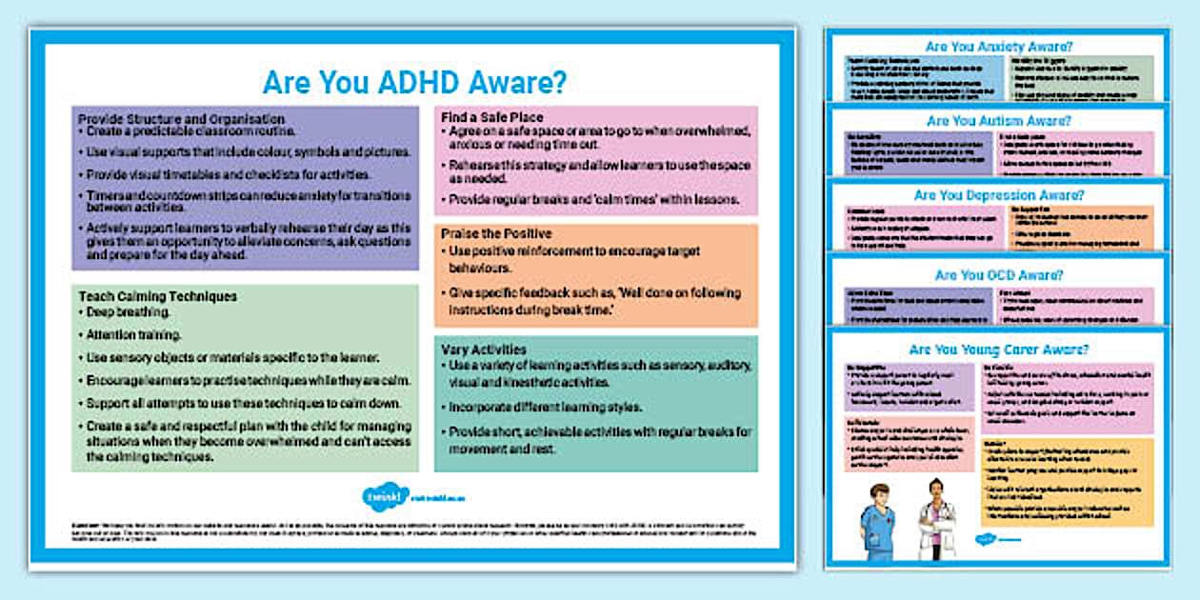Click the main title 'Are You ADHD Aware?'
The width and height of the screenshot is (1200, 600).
coord(414,82)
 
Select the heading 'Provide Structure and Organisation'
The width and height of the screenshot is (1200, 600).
coord(181,119)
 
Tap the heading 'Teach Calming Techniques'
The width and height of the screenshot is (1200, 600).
coord(157,296)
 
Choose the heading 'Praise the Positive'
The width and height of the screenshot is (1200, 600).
coord(496,233)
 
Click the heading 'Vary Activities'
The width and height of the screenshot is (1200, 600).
coord(485,349)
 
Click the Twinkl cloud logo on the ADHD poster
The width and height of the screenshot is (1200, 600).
coord(373,495)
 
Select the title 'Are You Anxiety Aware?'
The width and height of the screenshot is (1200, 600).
coord(999,45)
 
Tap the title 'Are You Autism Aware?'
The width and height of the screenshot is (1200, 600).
coord(999,121)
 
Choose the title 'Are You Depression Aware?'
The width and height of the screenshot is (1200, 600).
coord(999,195)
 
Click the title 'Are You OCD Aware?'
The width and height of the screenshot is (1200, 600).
coord(999,275)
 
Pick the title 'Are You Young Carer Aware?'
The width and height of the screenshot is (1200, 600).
coord(999,350)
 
